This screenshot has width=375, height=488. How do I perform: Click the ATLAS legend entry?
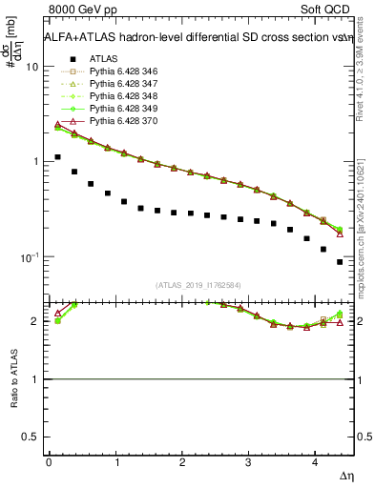103,59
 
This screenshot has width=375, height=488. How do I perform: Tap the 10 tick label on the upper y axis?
31,68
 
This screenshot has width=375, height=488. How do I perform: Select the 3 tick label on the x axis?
248,461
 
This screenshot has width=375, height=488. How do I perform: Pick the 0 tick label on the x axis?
49,461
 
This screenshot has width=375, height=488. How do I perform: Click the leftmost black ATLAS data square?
58,157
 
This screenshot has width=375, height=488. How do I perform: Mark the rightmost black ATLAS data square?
340,262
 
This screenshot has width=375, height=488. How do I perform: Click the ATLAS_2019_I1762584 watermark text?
198,284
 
